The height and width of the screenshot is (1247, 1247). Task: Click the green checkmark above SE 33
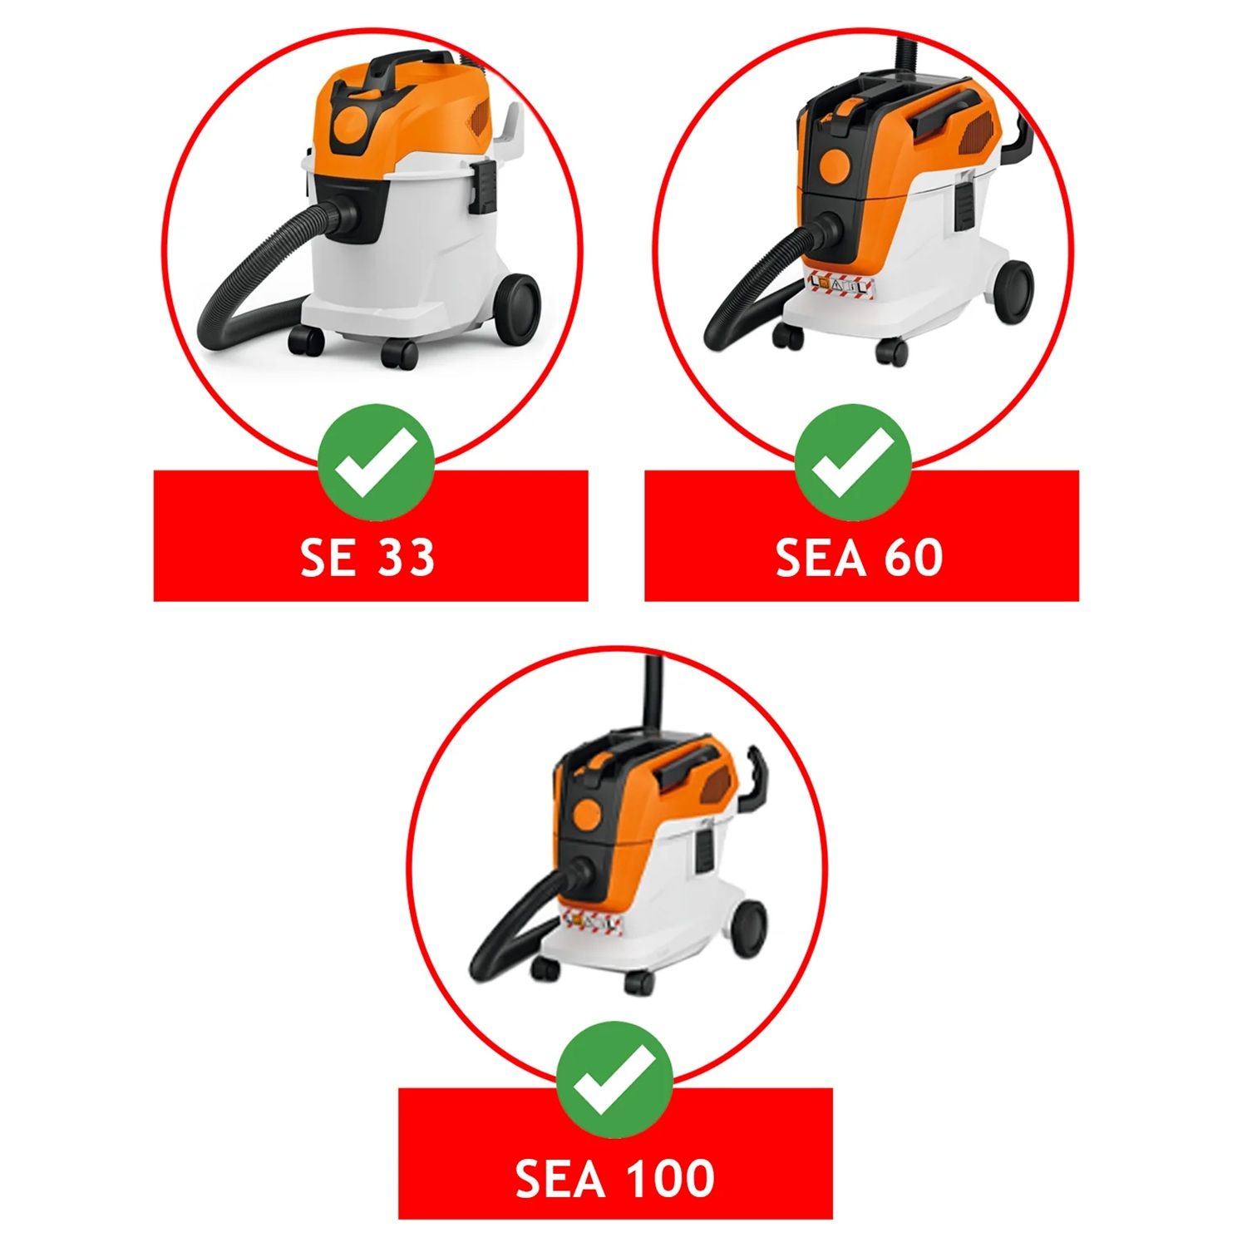376,463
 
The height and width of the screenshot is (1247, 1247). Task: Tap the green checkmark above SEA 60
853,463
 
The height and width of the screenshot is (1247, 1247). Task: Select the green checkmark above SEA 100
614,1080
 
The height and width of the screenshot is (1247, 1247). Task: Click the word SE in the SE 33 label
328,557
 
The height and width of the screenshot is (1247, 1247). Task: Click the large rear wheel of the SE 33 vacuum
515,305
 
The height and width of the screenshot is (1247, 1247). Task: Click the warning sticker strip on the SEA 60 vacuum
840,286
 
